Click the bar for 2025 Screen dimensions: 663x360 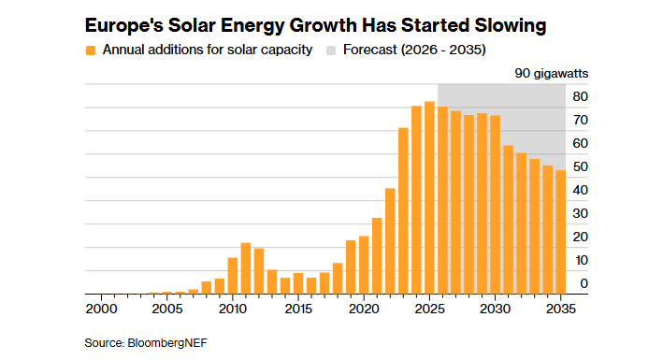click(x=429, y=197)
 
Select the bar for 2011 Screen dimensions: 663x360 click(x=246, y=268)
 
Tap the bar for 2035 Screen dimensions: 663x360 click(x=560, y=232)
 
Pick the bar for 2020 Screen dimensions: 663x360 click(x=364, y=265)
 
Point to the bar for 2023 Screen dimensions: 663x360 click(x=403, y=210)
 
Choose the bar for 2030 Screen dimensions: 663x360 click(x=495, y=205)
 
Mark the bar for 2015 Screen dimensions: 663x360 click(x=298, y=283)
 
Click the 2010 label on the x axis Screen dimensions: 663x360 click(x=233, y=309)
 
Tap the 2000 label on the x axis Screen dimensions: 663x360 click(x=102, y=309)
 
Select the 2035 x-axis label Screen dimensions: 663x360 click(x=561, y=309)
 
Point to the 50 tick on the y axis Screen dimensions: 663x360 click(x=580, y=166)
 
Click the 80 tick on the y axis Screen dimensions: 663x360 click(x=580, y=96)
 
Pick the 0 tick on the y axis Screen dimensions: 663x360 click(x=584, y=283)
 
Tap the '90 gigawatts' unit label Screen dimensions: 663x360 click(x=552, y=73)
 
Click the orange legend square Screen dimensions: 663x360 click(x=91, y=50)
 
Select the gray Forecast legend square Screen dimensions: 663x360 click(x=331, y=50)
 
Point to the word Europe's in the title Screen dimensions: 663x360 click(x=123, y=26)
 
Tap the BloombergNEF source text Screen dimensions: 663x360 click(x=167, y=342)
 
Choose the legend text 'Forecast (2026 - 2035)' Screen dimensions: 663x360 click(x=414, y=50)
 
